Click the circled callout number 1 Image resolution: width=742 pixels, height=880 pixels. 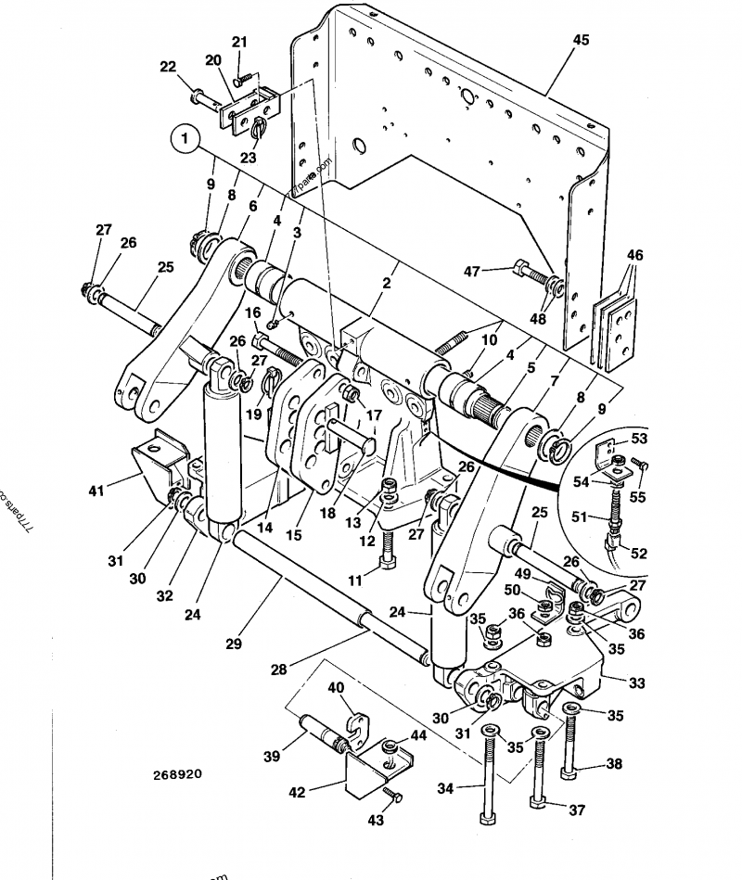[185, 141]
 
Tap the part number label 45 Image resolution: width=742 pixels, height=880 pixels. [581, 41]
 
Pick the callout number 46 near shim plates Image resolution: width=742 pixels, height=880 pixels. [634, 255]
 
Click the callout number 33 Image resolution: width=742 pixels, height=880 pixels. [637, 683]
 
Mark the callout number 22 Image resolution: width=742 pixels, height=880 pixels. [168, 67]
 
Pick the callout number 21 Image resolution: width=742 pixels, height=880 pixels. [240, 42]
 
